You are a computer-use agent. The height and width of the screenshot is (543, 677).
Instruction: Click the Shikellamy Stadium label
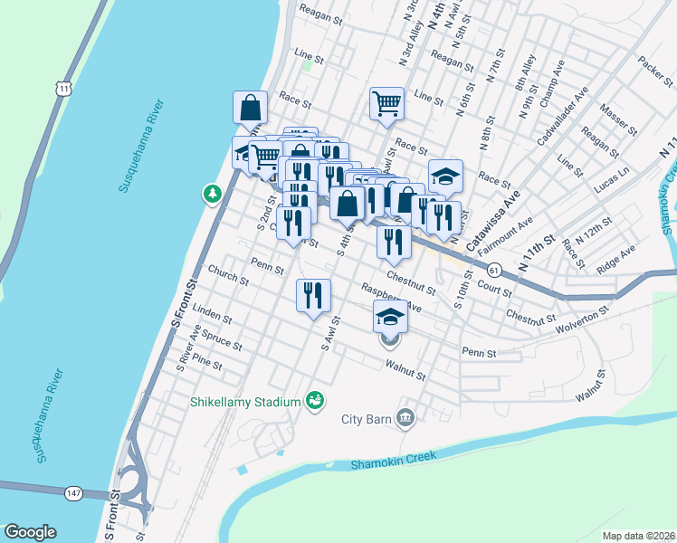tap(245, 402)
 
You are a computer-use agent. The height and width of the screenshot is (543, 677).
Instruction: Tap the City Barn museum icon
tap(406, 418)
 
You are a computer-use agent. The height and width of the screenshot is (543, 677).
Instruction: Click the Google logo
tap(30, 532)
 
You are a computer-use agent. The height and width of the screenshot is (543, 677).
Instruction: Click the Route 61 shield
tap(493, 270)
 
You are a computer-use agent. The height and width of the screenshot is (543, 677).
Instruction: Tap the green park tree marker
tap(212, 193)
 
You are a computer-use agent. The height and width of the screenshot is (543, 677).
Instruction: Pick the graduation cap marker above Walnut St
tap(390, 317)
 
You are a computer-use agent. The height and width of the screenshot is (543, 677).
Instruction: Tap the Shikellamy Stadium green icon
tap(315, 399)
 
